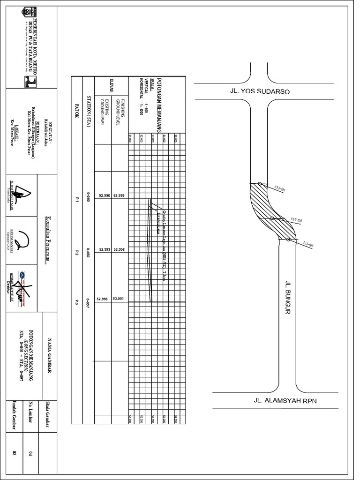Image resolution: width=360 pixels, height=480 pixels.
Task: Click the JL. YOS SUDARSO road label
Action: [259, 91]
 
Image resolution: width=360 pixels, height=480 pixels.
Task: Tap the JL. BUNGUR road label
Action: [288, 298]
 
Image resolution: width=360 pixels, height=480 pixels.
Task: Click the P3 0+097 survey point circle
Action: [259, 183]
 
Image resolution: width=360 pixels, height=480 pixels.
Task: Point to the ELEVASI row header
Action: [112, 89]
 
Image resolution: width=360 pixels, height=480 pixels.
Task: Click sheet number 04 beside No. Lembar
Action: [29, 453]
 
